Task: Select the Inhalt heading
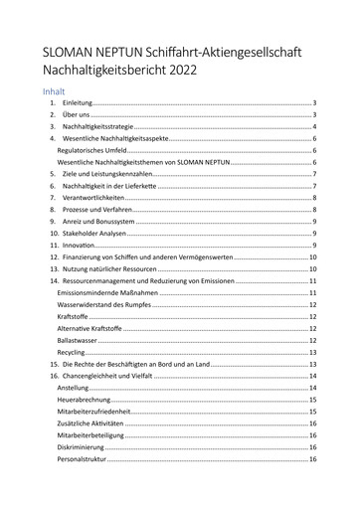[56, 90]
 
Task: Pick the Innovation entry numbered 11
[80, 245]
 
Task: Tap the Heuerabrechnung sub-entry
[86, 400]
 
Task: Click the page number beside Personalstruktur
[312, 459]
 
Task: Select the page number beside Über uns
[314, 115]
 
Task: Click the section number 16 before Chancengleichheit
[54, 376]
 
